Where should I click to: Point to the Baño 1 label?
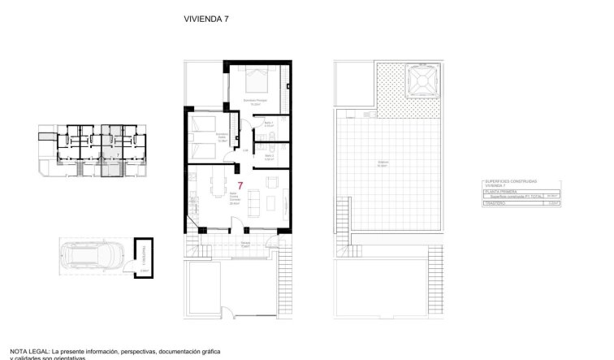click(x=268, y=124)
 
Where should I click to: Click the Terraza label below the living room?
click(x=245, y=242)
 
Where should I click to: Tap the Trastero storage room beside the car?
click(x=143, y=260)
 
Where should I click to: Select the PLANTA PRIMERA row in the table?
click(x=496, y=191)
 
